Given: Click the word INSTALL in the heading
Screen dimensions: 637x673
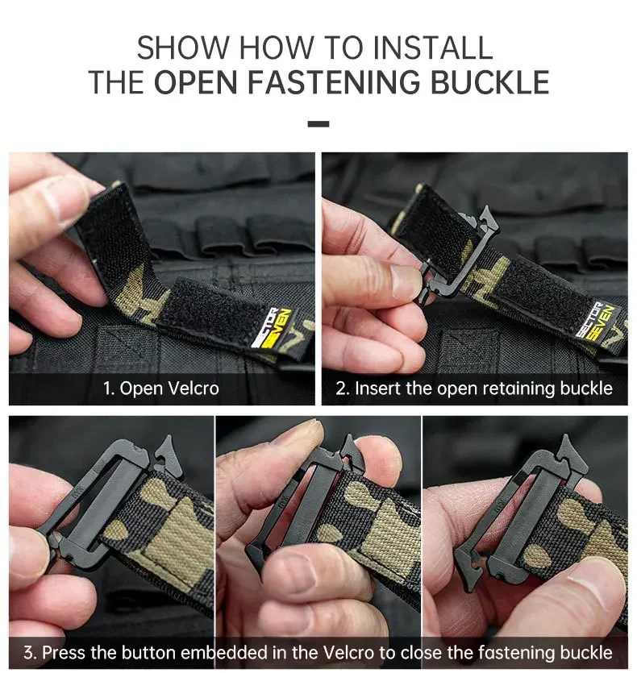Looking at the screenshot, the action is tap(432, 48).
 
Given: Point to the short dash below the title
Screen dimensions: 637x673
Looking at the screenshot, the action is tap(318, 124).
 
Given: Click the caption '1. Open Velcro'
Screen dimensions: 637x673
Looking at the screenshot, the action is tap(161, 388).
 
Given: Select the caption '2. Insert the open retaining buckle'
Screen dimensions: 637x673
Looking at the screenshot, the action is tap(474, 388).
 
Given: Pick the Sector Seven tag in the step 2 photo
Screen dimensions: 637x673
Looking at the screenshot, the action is tap(598, 322).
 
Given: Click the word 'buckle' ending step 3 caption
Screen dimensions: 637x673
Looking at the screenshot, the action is tap(586, 652).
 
